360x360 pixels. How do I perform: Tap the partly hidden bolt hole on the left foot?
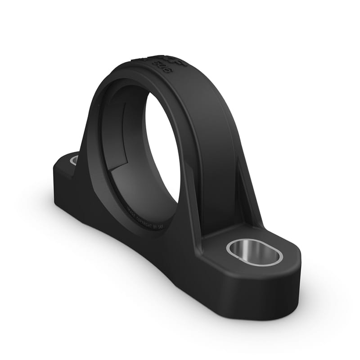(x=74, y=159)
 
